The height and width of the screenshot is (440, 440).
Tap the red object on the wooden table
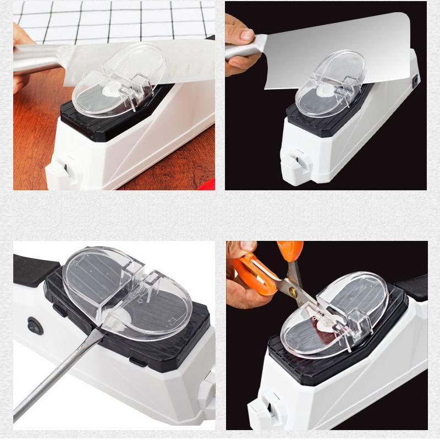[x=206, y=185]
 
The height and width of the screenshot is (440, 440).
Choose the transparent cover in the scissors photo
[x=341, y=313]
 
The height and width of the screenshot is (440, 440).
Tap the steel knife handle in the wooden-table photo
[x=36, y=61]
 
